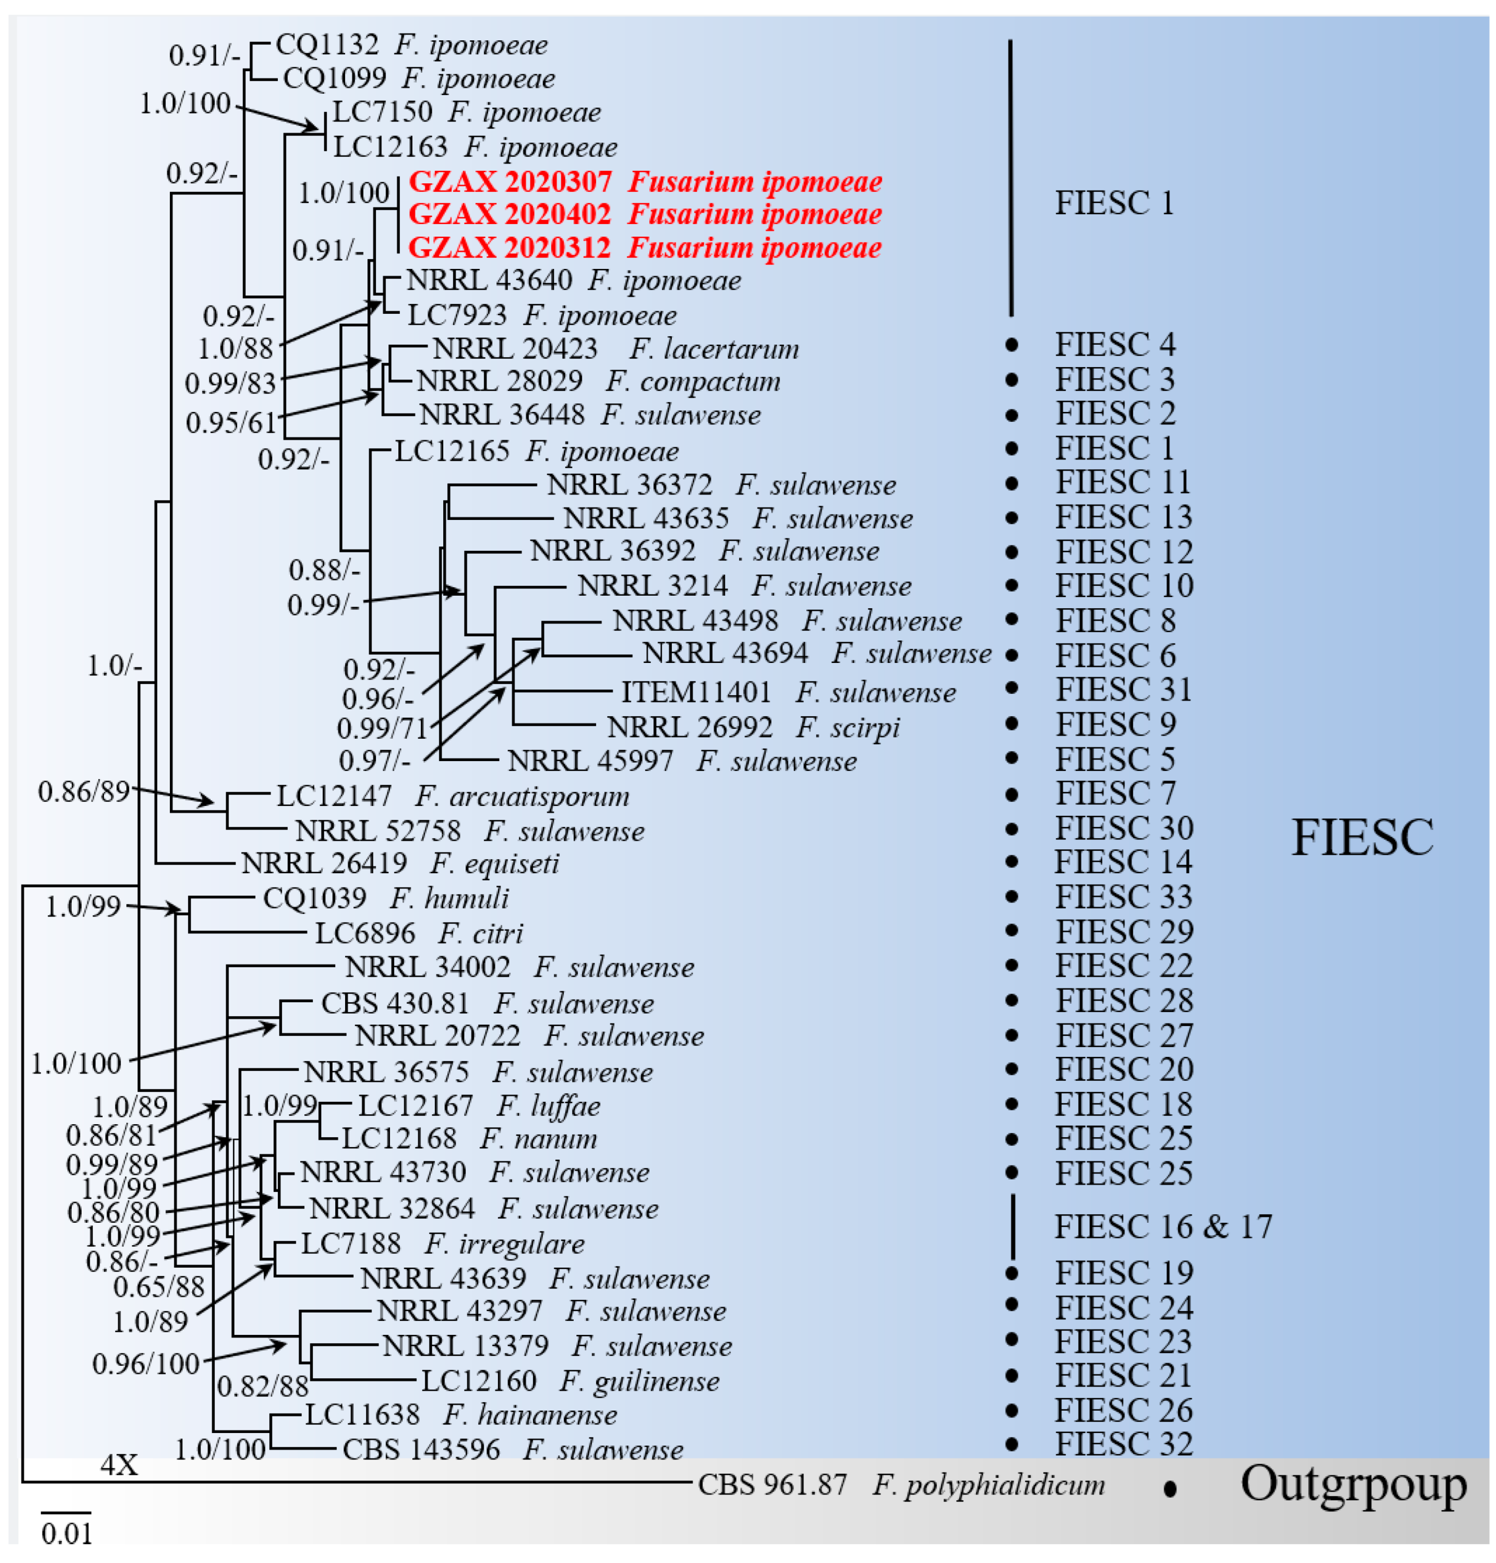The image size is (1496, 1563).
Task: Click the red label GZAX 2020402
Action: click(x=509, y=215)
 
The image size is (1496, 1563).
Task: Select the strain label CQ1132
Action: click(x=327, y=45)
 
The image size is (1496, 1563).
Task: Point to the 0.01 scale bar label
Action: click(x=67, y=1533)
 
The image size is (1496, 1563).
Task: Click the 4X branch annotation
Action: click(x=119, y=1464)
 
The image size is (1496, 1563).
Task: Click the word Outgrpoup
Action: click(x=1353, y=1484)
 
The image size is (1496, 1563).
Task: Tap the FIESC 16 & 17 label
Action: click(x=1163, y=1226)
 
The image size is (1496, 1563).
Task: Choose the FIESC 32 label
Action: click(x=1123, y=1443)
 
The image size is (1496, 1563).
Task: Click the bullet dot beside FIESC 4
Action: click(x=1012, y=345)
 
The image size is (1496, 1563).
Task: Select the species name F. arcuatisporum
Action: click(x=521, y=796)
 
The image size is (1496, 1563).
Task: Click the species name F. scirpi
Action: click(x=848, y=727)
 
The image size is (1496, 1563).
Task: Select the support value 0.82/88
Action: click(x=262, y=1386)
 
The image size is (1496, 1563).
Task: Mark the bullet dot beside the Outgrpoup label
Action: click(x=1170, y=1488)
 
